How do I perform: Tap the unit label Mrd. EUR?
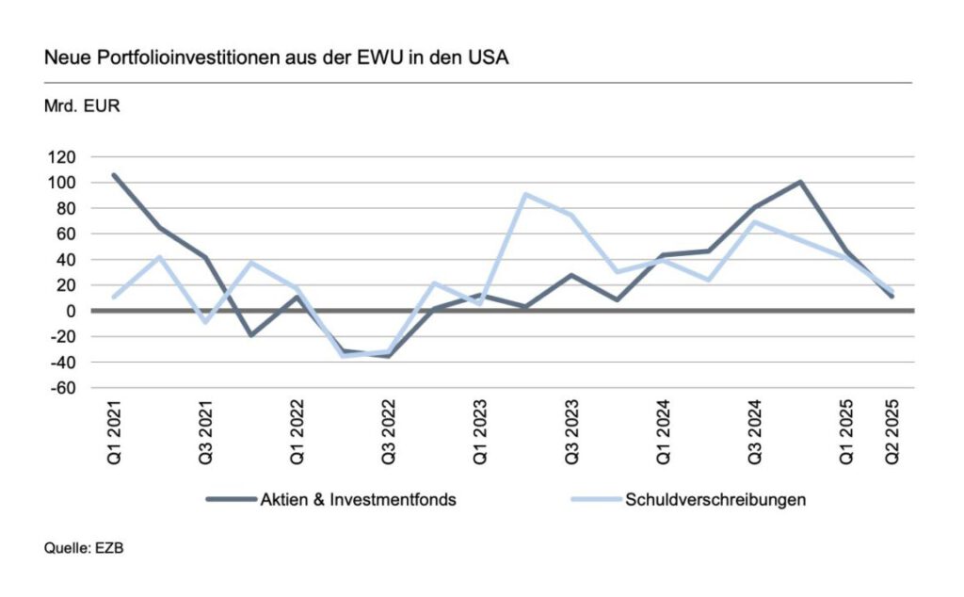(82, 105)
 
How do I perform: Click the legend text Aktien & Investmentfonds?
(358, 500)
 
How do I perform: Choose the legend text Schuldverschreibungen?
(715, 500)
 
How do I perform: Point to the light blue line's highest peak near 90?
(525, 195)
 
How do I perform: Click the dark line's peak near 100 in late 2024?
(799, 182)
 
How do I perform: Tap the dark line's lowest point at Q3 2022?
(388, 356)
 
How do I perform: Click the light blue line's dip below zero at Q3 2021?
(205, 322)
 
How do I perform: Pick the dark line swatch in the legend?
(230, 500)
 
